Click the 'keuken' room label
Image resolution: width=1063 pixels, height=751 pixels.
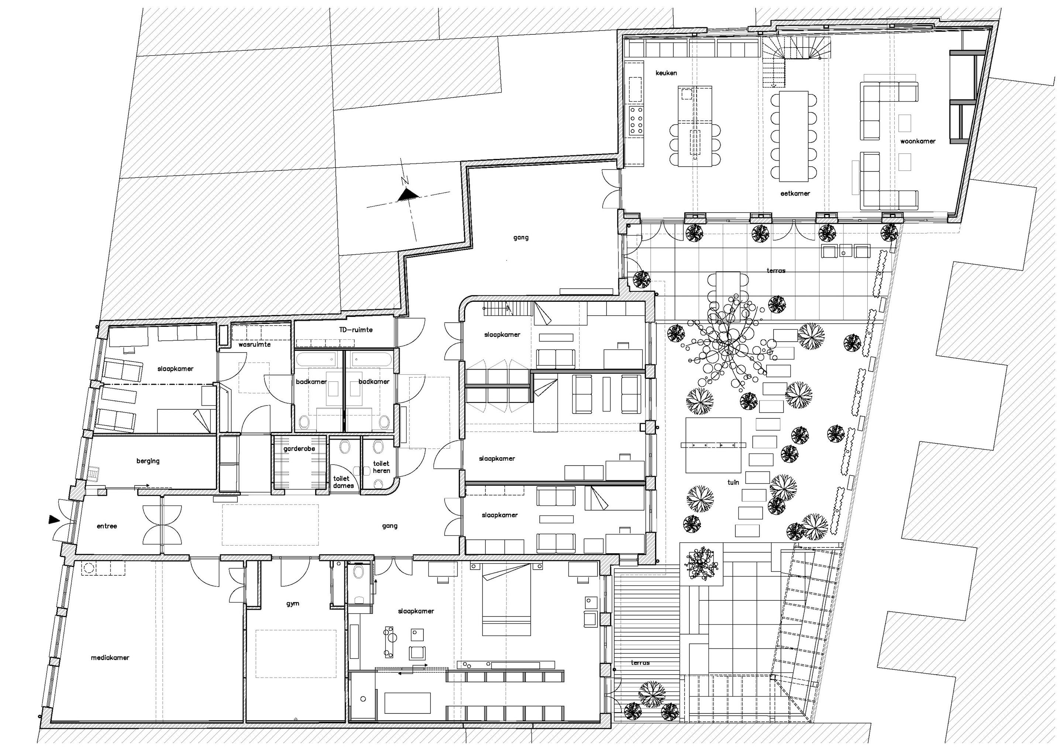pyautogui.click(x=666, y=73)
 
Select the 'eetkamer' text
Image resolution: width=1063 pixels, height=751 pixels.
pyautogui.click(x=795, y=193)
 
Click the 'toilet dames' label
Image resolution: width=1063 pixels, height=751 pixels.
pyautogui.click(x=343, y=482)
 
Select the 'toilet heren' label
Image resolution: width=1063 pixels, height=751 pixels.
pyautogui.click(x=381, y=467)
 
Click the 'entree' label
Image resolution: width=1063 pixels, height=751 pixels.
pyautogui.click(x=107, y=526)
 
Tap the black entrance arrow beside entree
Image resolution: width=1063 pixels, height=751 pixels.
pyautogui.click(x=54, y=520)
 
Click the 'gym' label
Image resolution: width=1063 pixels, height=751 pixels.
pyautogui.click(x=293, y=604)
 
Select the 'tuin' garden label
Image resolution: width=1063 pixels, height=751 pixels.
pyautogui.click(x=733, y=482)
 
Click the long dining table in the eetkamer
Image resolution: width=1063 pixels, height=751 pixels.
pyautogui.click(x=794, y=136)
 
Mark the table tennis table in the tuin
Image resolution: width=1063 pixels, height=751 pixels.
pyautogui.click(x=713, y=445)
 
